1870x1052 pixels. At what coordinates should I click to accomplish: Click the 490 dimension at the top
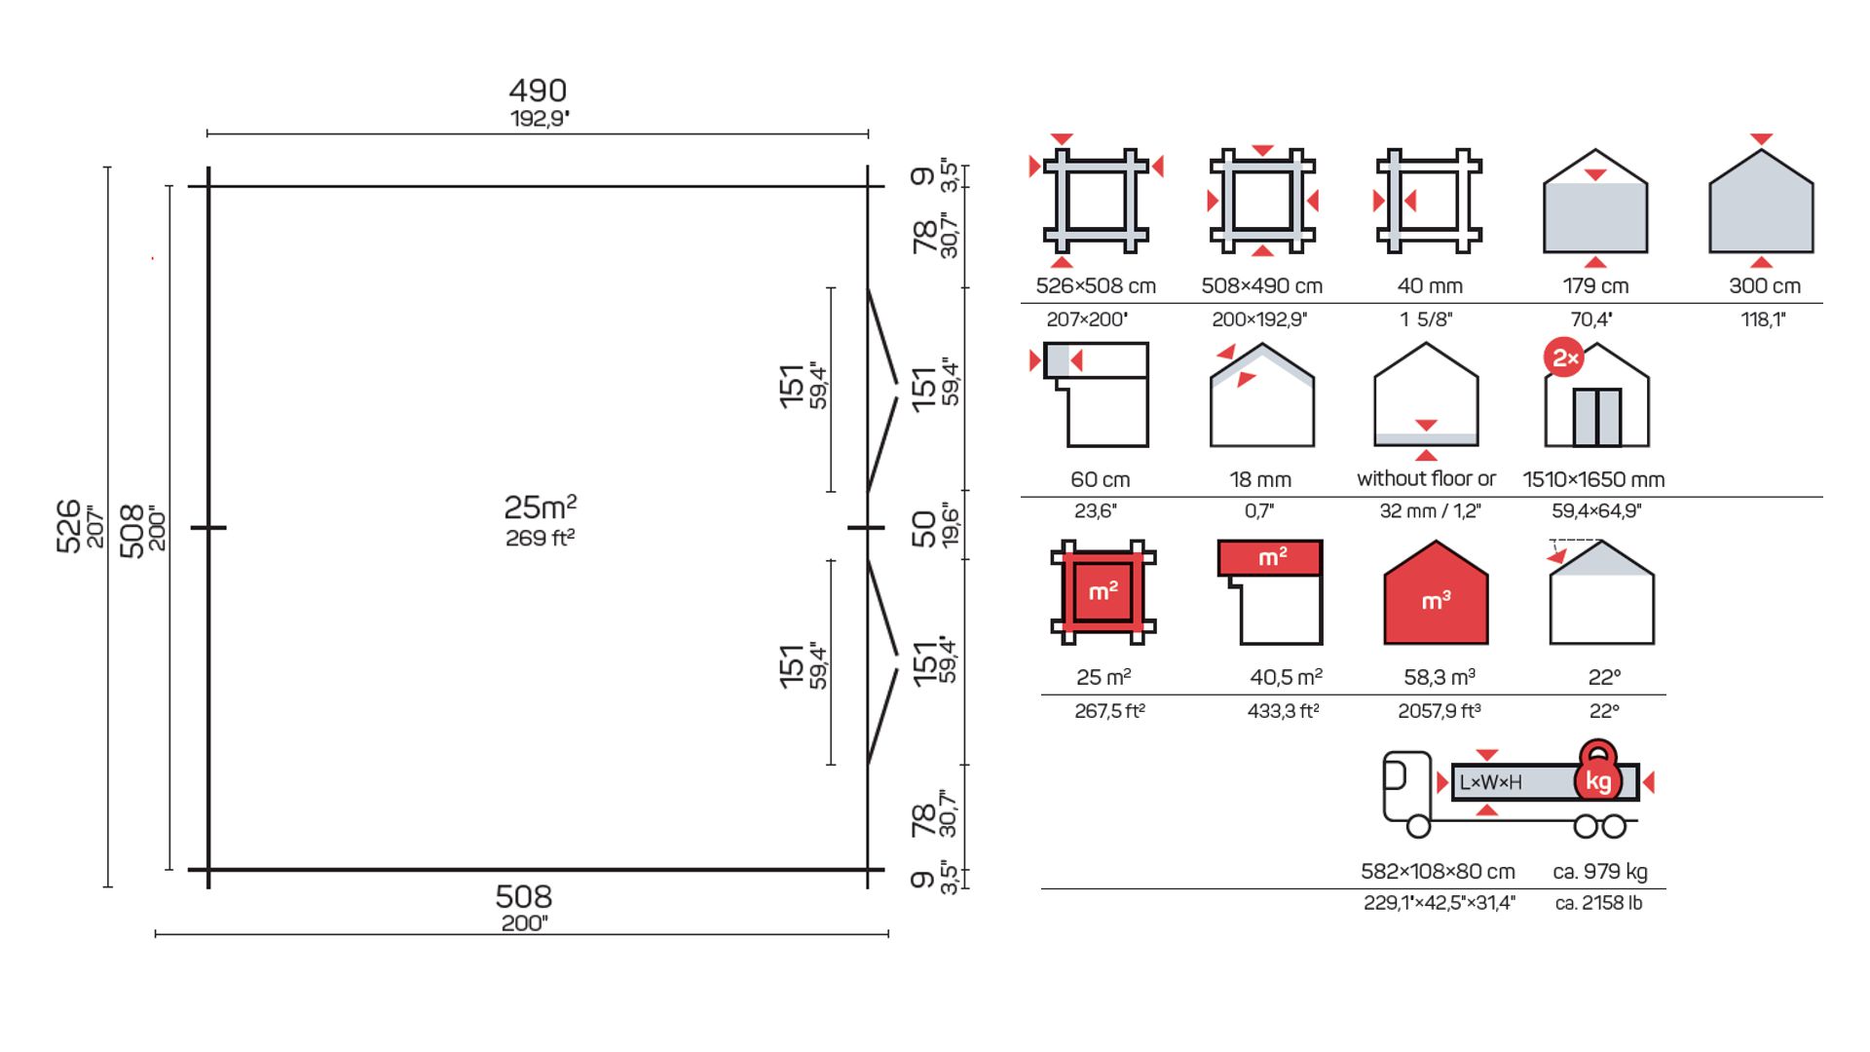(538, 91)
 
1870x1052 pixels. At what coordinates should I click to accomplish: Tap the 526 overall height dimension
(68, 526)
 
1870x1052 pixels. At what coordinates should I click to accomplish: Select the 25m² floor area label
(541, 507)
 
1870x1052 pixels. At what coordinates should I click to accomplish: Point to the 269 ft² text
(541, 538)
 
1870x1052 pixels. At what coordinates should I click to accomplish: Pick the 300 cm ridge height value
(1765, 285)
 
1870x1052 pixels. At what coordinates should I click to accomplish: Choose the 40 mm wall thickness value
(1430, 285)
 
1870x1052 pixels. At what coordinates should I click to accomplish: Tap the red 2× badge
(1564, 358)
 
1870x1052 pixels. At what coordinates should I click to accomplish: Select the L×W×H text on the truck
(1490, 782)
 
